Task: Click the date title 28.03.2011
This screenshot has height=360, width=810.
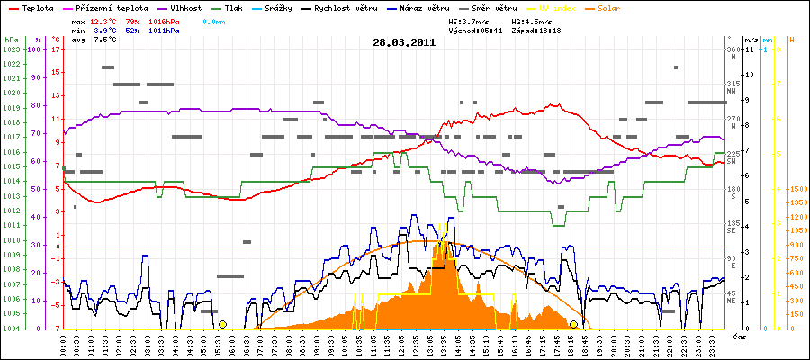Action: tap(405, 42)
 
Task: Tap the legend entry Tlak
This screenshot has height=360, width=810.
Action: tap(238, 7)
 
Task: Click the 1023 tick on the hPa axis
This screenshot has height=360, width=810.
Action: tap(11, 49)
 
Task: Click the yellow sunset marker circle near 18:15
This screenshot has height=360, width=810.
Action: tap(573, 324)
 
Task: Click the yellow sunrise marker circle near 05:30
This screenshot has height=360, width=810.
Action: tap(222, 324)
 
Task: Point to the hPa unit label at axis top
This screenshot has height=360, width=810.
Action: tap(11, 40)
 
